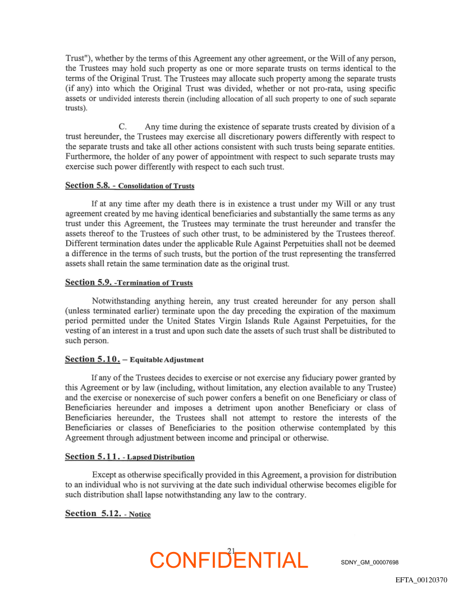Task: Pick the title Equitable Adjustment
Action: (167, 359)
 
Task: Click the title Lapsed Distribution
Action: (162, 457)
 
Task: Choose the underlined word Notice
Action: (140, 514)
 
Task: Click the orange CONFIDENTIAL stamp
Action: (229, 560)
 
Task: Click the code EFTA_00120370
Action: (425, 579)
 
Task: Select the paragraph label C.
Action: (123, 126)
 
